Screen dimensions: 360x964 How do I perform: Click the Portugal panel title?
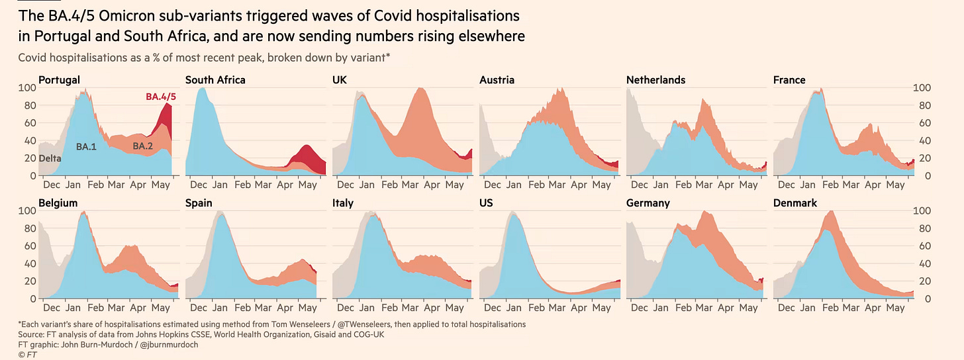(x=59, y=80)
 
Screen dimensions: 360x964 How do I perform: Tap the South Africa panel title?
(x=215, y=80)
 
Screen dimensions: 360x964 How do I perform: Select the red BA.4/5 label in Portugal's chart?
(x=161, y=97)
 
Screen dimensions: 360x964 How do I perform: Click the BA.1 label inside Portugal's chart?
(x=86, y=147)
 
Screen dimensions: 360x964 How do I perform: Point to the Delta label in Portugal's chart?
(x=50, y=158)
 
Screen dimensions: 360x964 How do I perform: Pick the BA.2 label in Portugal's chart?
(x=143, y=146)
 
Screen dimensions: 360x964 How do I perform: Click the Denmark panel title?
(x=795, y=203)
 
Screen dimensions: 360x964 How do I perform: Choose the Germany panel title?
(x=648, y=203)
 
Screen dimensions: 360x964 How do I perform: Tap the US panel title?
(x=487, y=203)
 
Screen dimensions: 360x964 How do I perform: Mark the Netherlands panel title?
(x=655, y=80)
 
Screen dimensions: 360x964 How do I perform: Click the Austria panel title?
(x=497, y=80)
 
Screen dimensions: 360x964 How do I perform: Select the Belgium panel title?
(x=58, y=203)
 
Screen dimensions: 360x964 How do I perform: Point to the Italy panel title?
(x=343, y=203)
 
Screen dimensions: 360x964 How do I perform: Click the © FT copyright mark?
(x=27, y=355)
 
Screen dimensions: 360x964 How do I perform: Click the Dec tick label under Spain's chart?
(x=198, y=308)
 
